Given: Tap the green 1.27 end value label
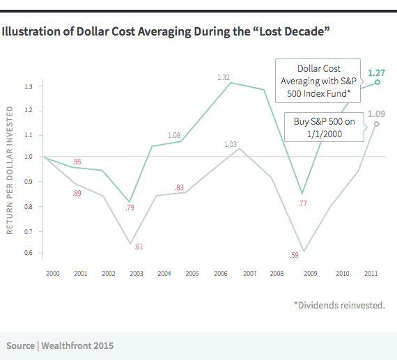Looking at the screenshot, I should point(376,72).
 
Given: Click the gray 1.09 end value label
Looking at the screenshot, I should point(376,114).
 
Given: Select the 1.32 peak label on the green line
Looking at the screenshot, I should point(223,77).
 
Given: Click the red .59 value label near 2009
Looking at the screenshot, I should point(295,255).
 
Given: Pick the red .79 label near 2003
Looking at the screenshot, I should point(130,208).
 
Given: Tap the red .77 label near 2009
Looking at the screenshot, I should point(302,203).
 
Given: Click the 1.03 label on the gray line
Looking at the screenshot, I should point(231,144).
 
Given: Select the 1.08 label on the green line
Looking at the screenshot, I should point(174,134).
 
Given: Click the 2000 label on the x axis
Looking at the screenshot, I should point(53,274).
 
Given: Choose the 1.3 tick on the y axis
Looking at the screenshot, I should point(29,86).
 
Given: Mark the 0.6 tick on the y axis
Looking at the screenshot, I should point(29,252).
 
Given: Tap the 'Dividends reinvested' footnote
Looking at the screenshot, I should point(339,305).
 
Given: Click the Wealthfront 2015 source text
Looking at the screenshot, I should point(60,345).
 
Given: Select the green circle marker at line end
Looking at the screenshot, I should point(377,82).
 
